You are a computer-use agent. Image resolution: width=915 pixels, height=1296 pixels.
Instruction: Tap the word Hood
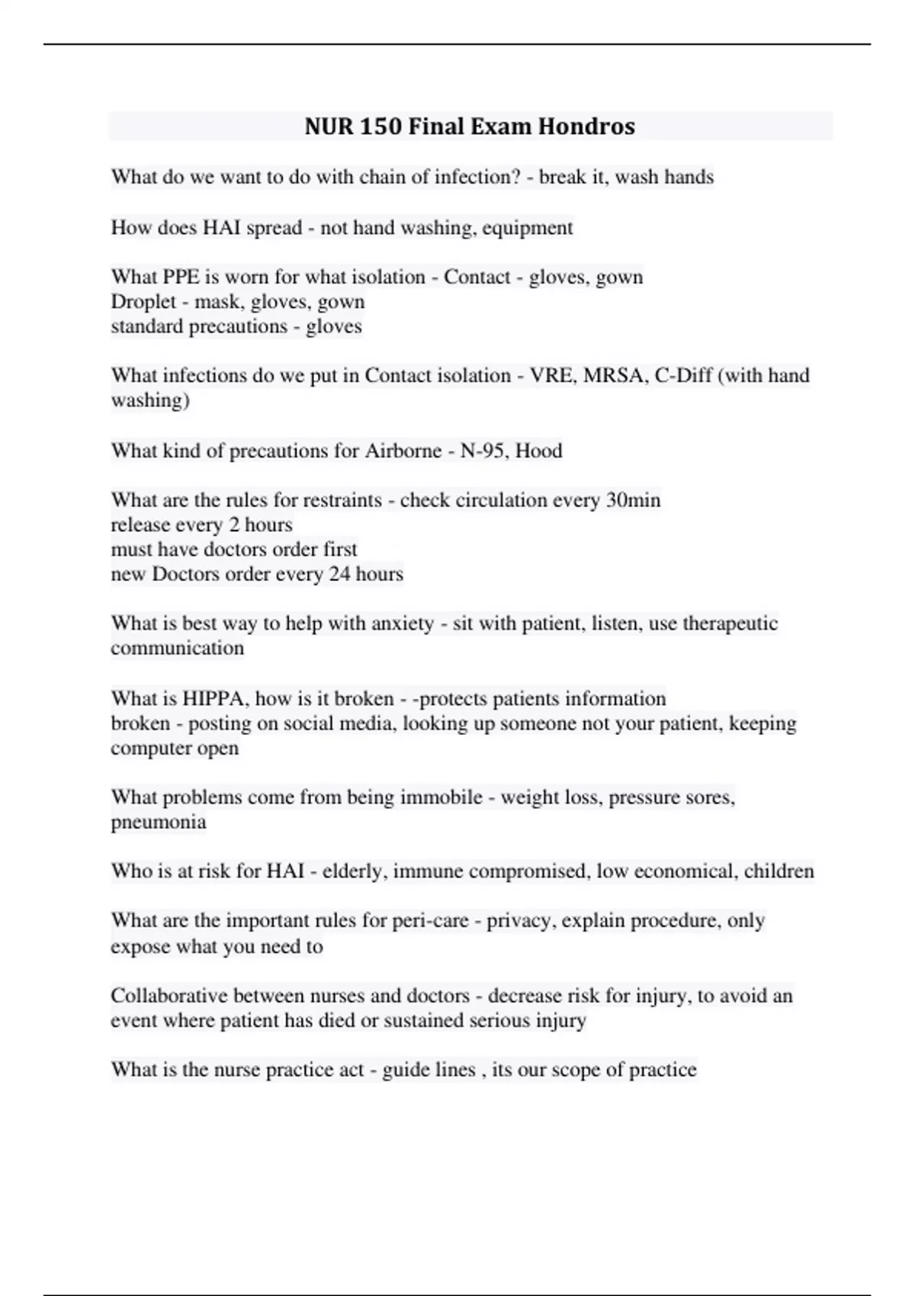[539, 451]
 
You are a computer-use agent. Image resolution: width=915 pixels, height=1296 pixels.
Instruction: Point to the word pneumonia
[159, 822]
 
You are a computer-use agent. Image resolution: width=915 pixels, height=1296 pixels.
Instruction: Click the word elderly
[354, 871]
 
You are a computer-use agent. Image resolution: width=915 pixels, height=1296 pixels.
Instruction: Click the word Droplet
[143, 301]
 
